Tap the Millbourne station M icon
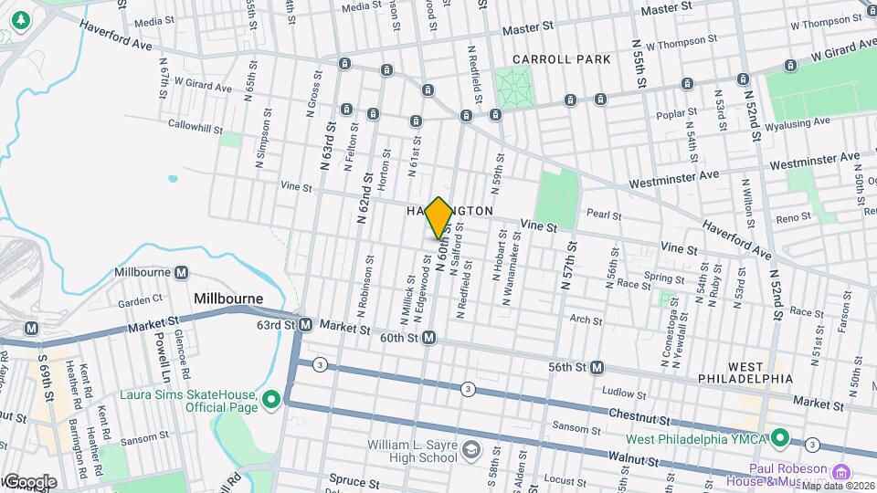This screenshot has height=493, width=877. coord(182,273)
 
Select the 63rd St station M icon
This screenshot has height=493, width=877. coord(306,325)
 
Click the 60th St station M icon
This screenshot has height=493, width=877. coord(428,338)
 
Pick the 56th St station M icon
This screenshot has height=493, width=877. coord(597,367)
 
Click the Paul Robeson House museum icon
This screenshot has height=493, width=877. coord(840,474)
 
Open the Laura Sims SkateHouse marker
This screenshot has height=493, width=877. coord(271,400)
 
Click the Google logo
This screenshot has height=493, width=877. coord(29,481)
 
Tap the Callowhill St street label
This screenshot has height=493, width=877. coord(192,127)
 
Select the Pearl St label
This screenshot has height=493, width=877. coord(604,216)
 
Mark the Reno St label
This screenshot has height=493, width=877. coord(793,217)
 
